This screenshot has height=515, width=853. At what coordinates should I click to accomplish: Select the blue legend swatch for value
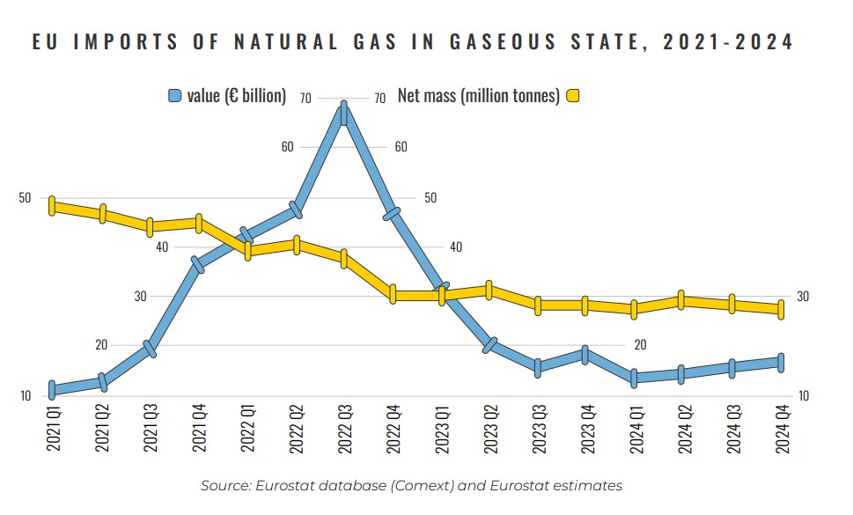click(175, 96)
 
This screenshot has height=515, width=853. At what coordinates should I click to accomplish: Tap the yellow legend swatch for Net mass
click(574, 96)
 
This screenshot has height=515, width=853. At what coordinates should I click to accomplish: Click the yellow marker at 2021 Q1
click(53, 206)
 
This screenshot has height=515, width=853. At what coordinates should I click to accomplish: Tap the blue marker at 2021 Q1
click(53, 389)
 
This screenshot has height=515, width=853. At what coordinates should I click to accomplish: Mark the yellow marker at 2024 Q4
click(780, 308)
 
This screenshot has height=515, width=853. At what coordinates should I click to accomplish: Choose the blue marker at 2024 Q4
click(780, 362)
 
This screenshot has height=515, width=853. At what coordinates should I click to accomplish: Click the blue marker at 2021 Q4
click(198, 264)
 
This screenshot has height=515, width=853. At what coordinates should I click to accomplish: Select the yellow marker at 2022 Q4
click(393, 295)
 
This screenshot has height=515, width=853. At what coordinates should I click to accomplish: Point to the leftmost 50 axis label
click(25, 198)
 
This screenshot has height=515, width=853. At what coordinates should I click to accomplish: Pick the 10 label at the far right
click(803, 396)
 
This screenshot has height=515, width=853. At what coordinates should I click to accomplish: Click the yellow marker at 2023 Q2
click(489, 290)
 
